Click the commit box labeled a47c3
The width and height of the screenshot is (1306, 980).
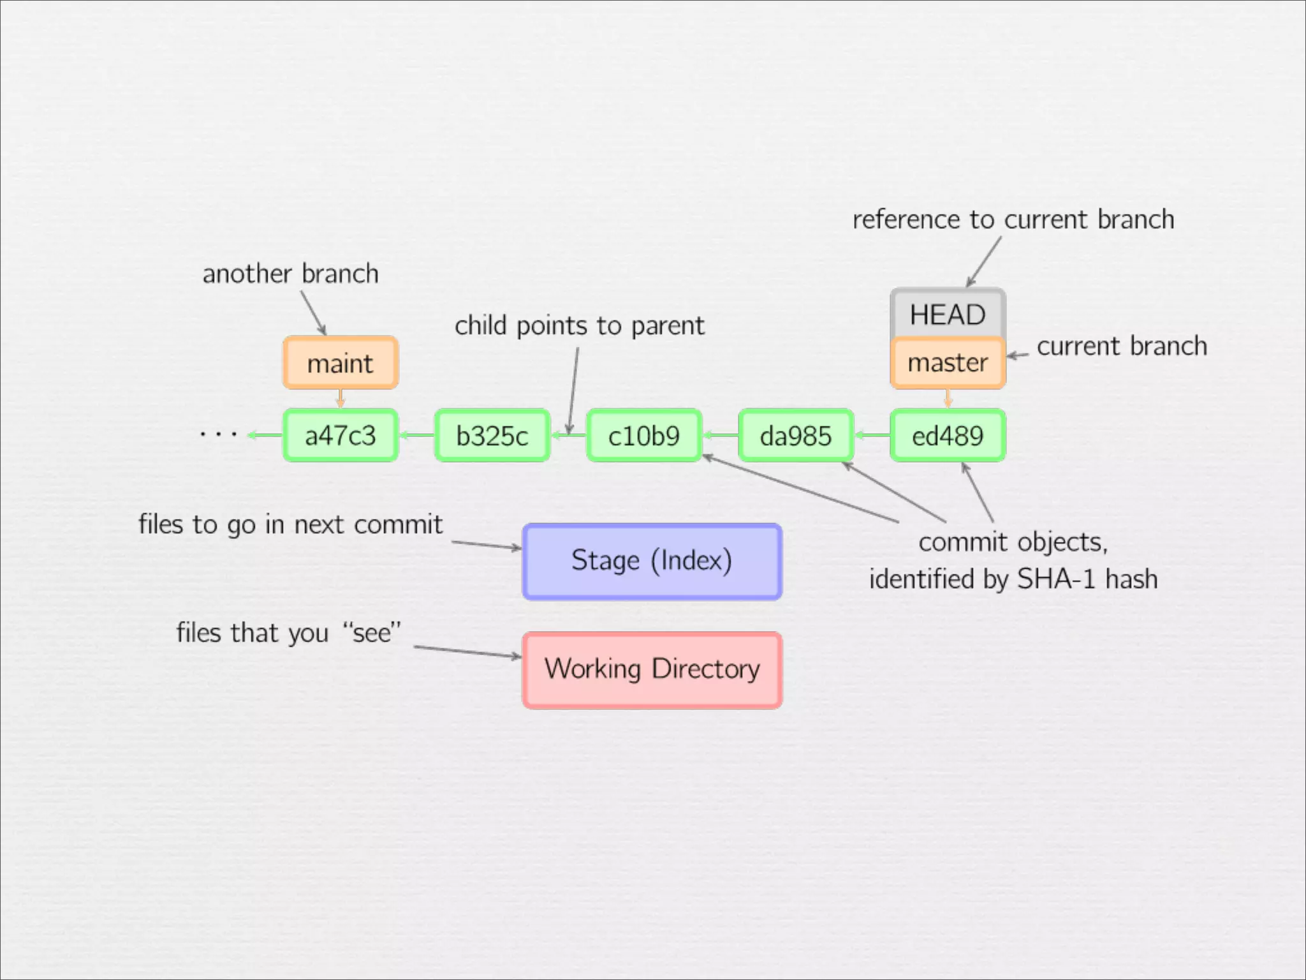click(341, 436)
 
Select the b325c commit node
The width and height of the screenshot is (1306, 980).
click(492, 436)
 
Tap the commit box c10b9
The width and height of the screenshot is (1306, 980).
click(643, 436)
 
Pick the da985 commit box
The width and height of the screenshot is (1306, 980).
click(795, 436)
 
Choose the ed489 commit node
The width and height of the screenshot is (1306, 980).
click(948, 436)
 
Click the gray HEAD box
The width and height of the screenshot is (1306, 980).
click(948, 314)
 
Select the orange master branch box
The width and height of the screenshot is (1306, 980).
click(948, 363)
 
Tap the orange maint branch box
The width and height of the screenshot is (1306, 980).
click(341, 363)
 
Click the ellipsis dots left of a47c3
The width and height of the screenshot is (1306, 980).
click(218, 434)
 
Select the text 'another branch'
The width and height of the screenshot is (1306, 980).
click(290, 274)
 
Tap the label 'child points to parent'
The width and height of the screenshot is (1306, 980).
click(579, 325)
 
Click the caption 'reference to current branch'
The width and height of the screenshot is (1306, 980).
click(1013, 219)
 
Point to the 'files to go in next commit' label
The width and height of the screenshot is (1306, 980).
click(290, 524)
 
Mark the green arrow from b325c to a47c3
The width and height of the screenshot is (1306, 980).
click(416, 436)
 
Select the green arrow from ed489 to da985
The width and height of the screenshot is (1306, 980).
click(872, 436)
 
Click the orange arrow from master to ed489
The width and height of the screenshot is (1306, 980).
click(948, 399)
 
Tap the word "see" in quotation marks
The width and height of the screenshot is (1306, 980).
click(372, 633)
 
